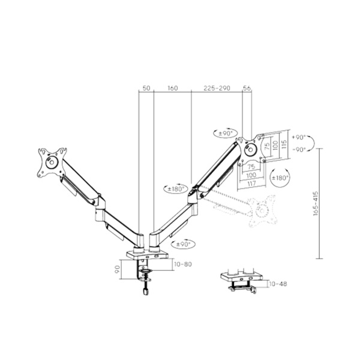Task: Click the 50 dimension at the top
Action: [x=146, y=88]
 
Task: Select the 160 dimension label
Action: [x=172, y=88]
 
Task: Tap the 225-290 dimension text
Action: [x=217, y=88]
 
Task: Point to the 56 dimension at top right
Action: [x=247, y=88]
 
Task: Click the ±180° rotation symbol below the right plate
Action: [x=280, y=178]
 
